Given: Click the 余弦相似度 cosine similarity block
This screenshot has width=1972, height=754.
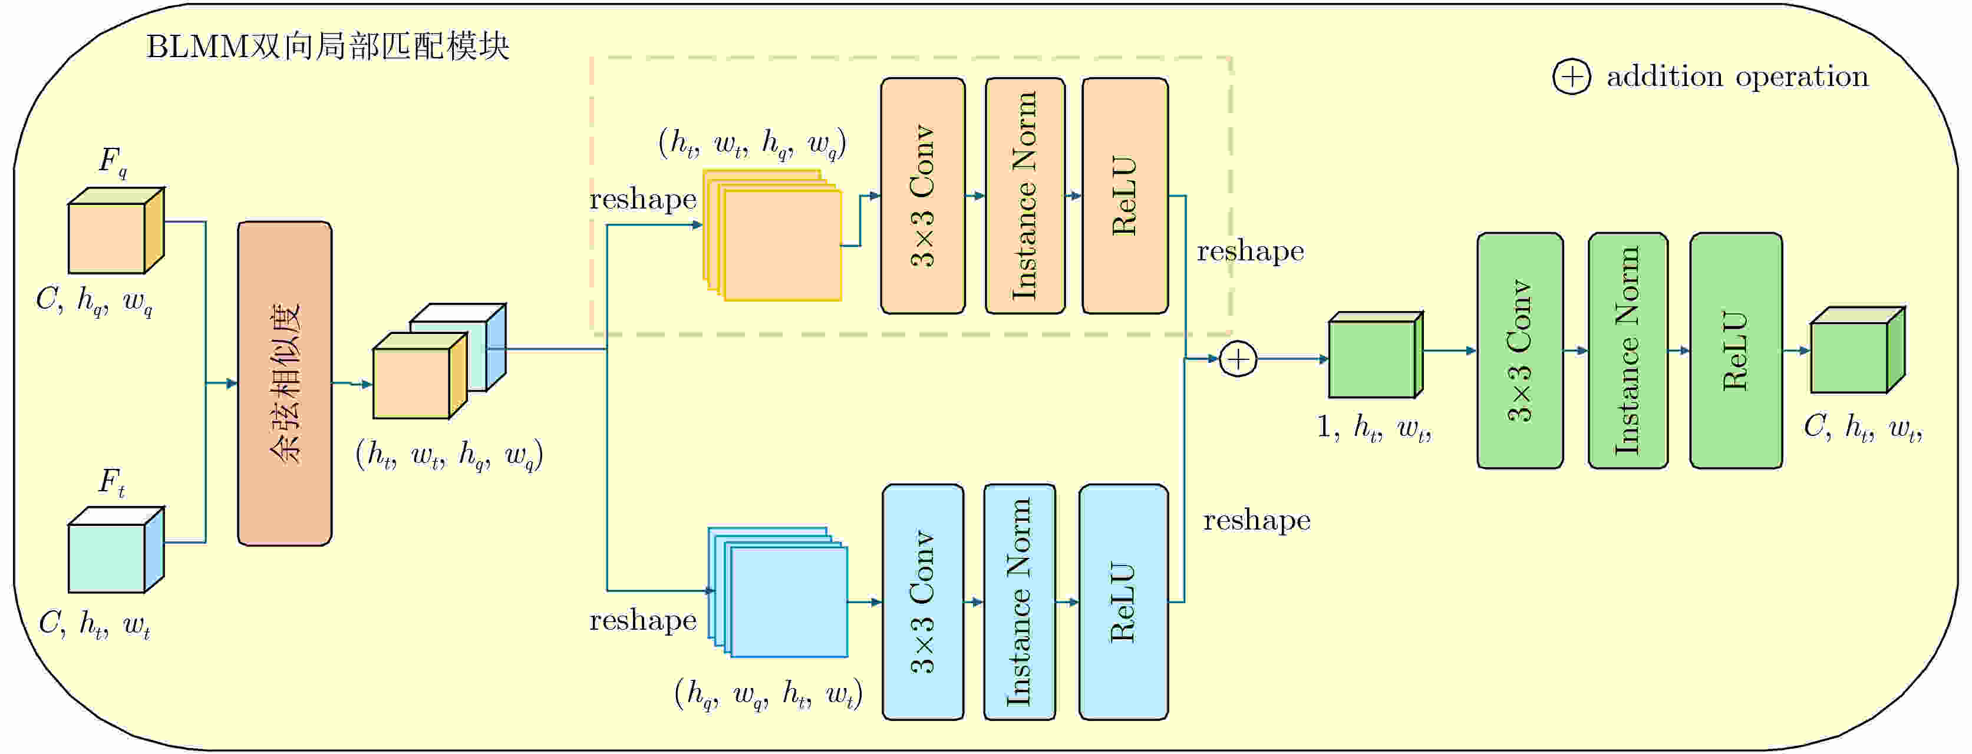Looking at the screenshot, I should point(284,383).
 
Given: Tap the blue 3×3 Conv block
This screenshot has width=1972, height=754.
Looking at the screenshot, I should point(922,601).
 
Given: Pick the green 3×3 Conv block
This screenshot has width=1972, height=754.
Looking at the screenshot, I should point(1519,350).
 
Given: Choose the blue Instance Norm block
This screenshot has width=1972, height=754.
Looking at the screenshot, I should point(1019,601).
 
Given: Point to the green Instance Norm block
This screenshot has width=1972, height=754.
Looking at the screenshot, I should point(1627,350).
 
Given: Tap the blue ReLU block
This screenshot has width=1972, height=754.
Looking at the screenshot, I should point(1123,601).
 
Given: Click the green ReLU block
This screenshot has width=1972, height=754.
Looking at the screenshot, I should point(1736,350).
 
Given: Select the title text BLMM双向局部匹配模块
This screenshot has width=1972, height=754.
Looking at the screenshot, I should point(328,47).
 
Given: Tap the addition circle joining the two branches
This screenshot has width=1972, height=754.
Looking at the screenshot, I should point(1238,359).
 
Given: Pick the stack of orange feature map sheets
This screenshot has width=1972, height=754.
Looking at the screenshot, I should point(773,236).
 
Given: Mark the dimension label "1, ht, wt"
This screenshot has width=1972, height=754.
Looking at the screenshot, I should point(1373,427).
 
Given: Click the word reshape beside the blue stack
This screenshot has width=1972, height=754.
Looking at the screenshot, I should point(642,620).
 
